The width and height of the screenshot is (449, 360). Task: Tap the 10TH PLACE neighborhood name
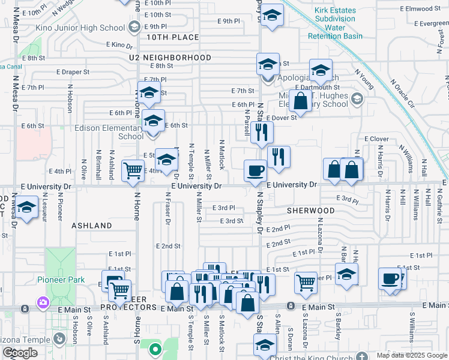point(172,38)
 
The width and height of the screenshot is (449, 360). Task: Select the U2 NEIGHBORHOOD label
point(170,58)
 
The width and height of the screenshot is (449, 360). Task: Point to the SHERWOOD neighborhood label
point(310,211)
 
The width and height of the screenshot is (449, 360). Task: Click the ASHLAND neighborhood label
point(92,226)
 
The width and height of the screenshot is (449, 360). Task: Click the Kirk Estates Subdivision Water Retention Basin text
point(335,23)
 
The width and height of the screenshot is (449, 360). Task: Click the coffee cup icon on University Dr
point(255,170)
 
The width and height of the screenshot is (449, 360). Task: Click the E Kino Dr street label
point(118,44)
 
